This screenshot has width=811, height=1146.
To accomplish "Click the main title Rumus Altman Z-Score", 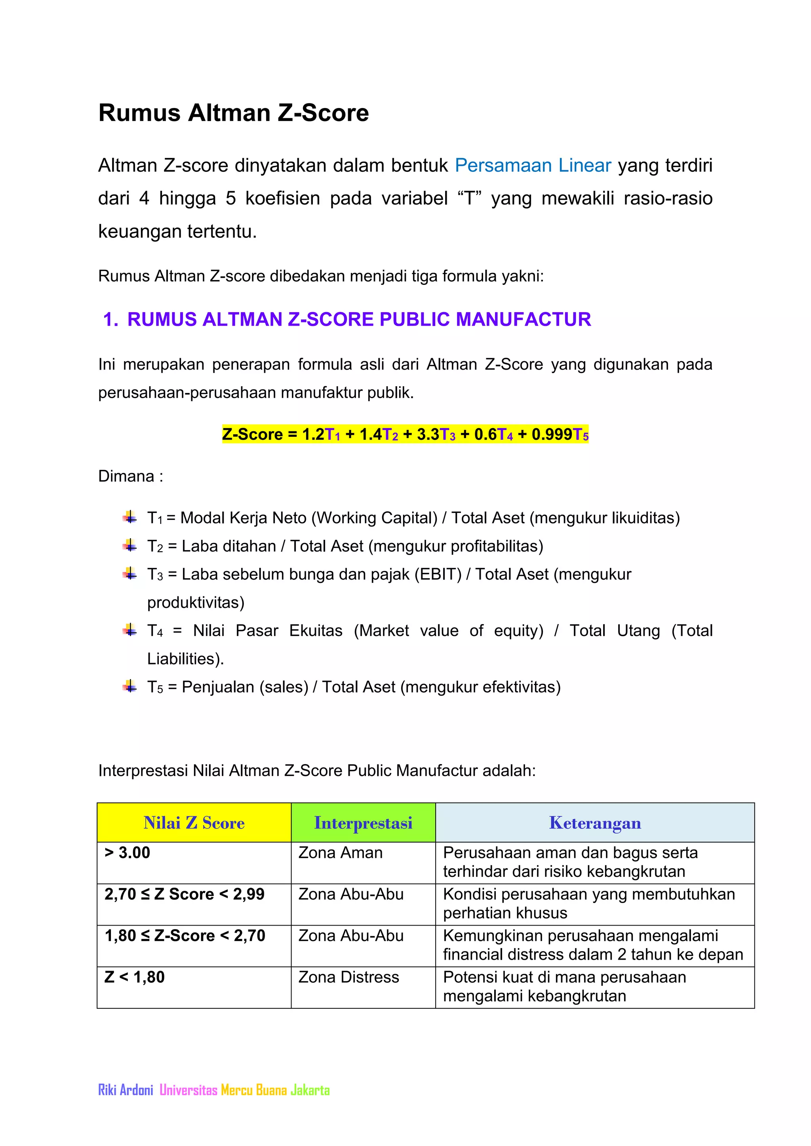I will tap(233, 113).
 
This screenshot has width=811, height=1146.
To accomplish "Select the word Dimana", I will tap(126, 476).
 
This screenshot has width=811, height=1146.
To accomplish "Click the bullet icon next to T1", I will tap(130, 517).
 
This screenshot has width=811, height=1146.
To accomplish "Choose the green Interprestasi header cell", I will tap(363, 823).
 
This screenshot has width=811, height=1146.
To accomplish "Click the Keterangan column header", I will tap(594, 823).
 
